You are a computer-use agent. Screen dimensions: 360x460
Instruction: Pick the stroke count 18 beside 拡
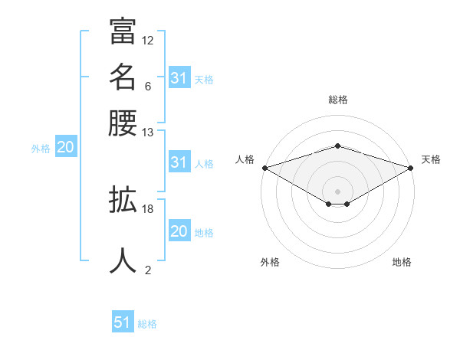[x=148, y=208]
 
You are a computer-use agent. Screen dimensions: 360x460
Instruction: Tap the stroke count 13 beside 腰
[x=148, y=132]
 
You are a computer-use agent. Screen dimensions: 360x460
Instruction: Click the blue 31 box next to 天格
[x=179, y=78]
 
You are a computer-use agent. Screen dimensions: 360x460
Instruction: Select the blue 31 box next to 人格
[x=179, y=162]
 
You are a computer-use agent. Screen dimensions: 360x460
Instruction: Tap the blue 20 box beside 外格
[x=65, y=148]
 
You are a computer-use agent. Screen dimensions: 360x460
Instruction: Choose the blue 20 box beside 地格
[x=179, y=232]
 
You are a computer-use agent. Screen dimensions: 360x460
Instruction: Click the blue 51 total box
[x=123, y=322]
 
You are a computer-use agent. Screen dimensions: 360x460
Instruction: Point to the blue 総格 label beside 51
[x=147, y=324]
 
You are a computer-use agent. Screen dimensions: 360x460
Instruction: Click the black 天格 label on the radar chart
[x=432, y=159]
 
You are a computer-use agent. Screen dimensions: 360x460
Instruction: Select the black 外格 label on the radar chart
[x=270, y=262]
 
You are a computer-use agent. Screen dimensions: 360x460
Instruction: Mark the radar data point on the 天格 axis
[x=411, y=167]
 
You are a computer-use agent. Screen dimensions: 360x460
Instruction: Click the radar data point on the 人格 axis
[x=264, y=167]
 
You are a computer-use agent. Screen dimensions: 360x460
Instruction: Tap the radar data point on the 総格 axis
[x=337, y=146]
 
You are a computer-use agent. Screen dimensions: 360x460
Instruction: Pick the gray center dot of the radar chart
[x=337, y=191]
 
